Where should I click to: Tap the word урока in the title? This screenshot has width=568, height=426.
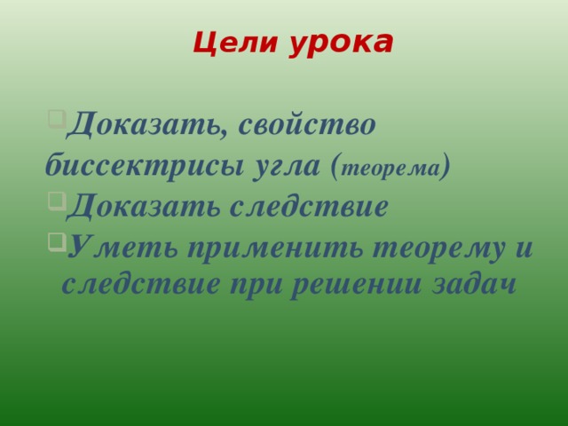click(x=342, y=42)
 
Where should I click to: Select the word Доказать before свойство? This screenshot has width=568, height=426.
click(x=146, y=124)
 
